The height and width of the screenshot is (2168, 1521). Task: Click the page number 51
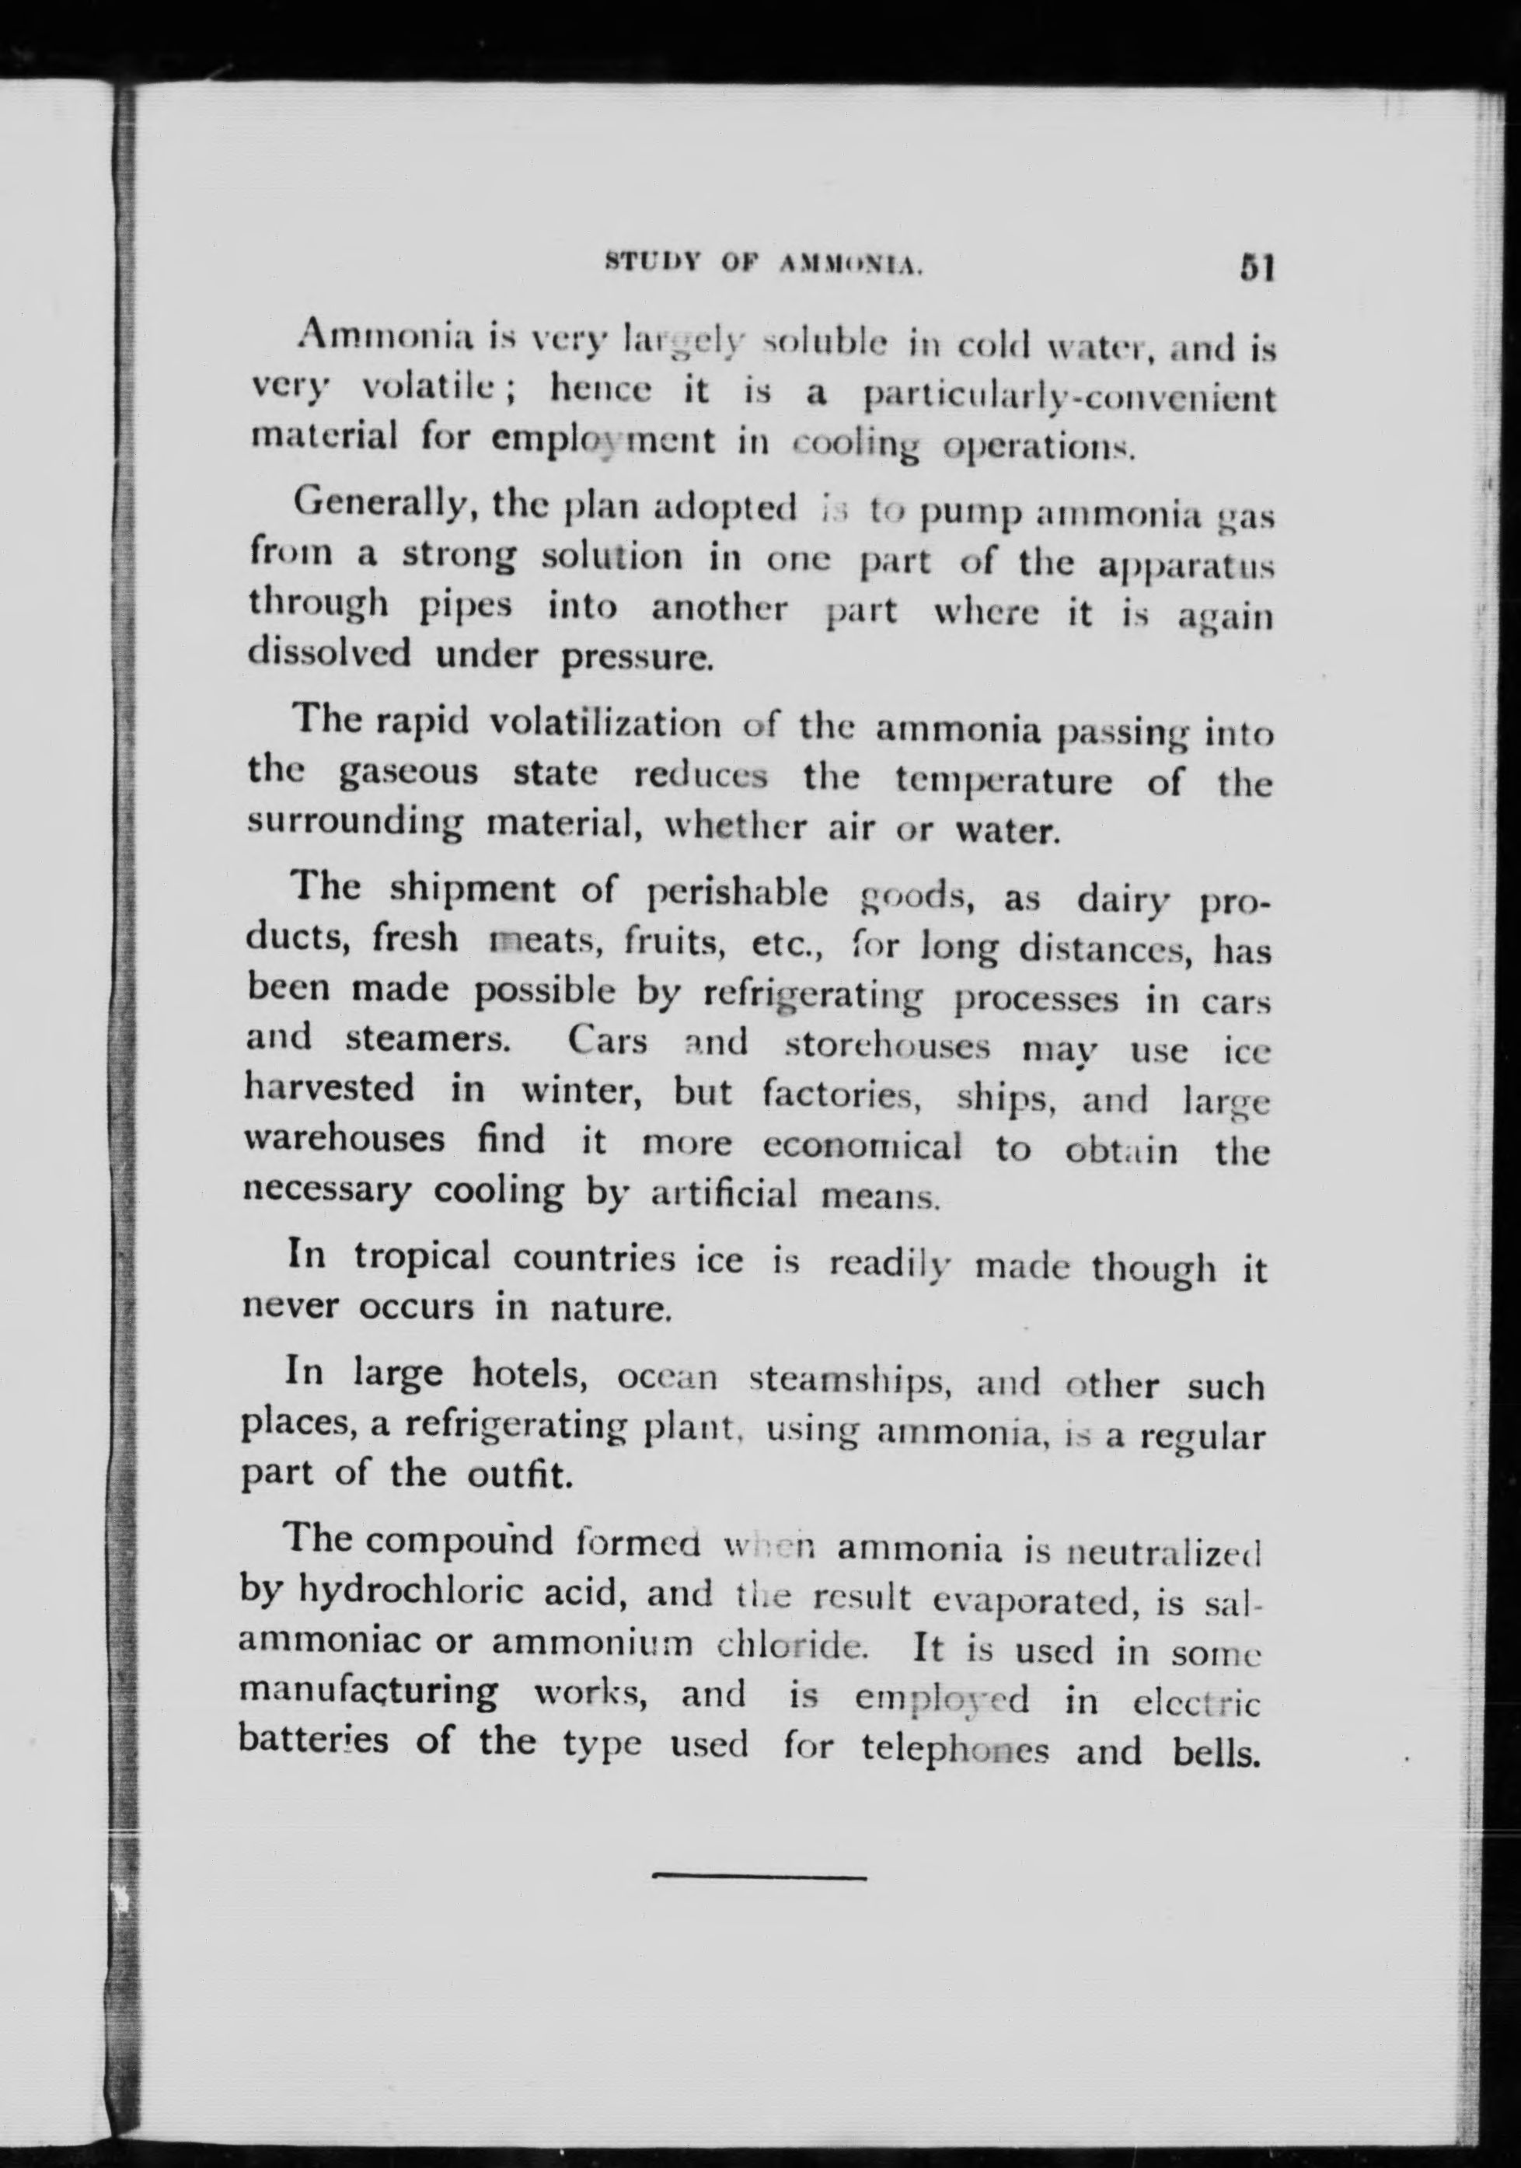point(1258,269)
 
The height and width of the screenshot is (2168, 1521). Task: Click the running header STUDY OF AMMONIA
point(762,267)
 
